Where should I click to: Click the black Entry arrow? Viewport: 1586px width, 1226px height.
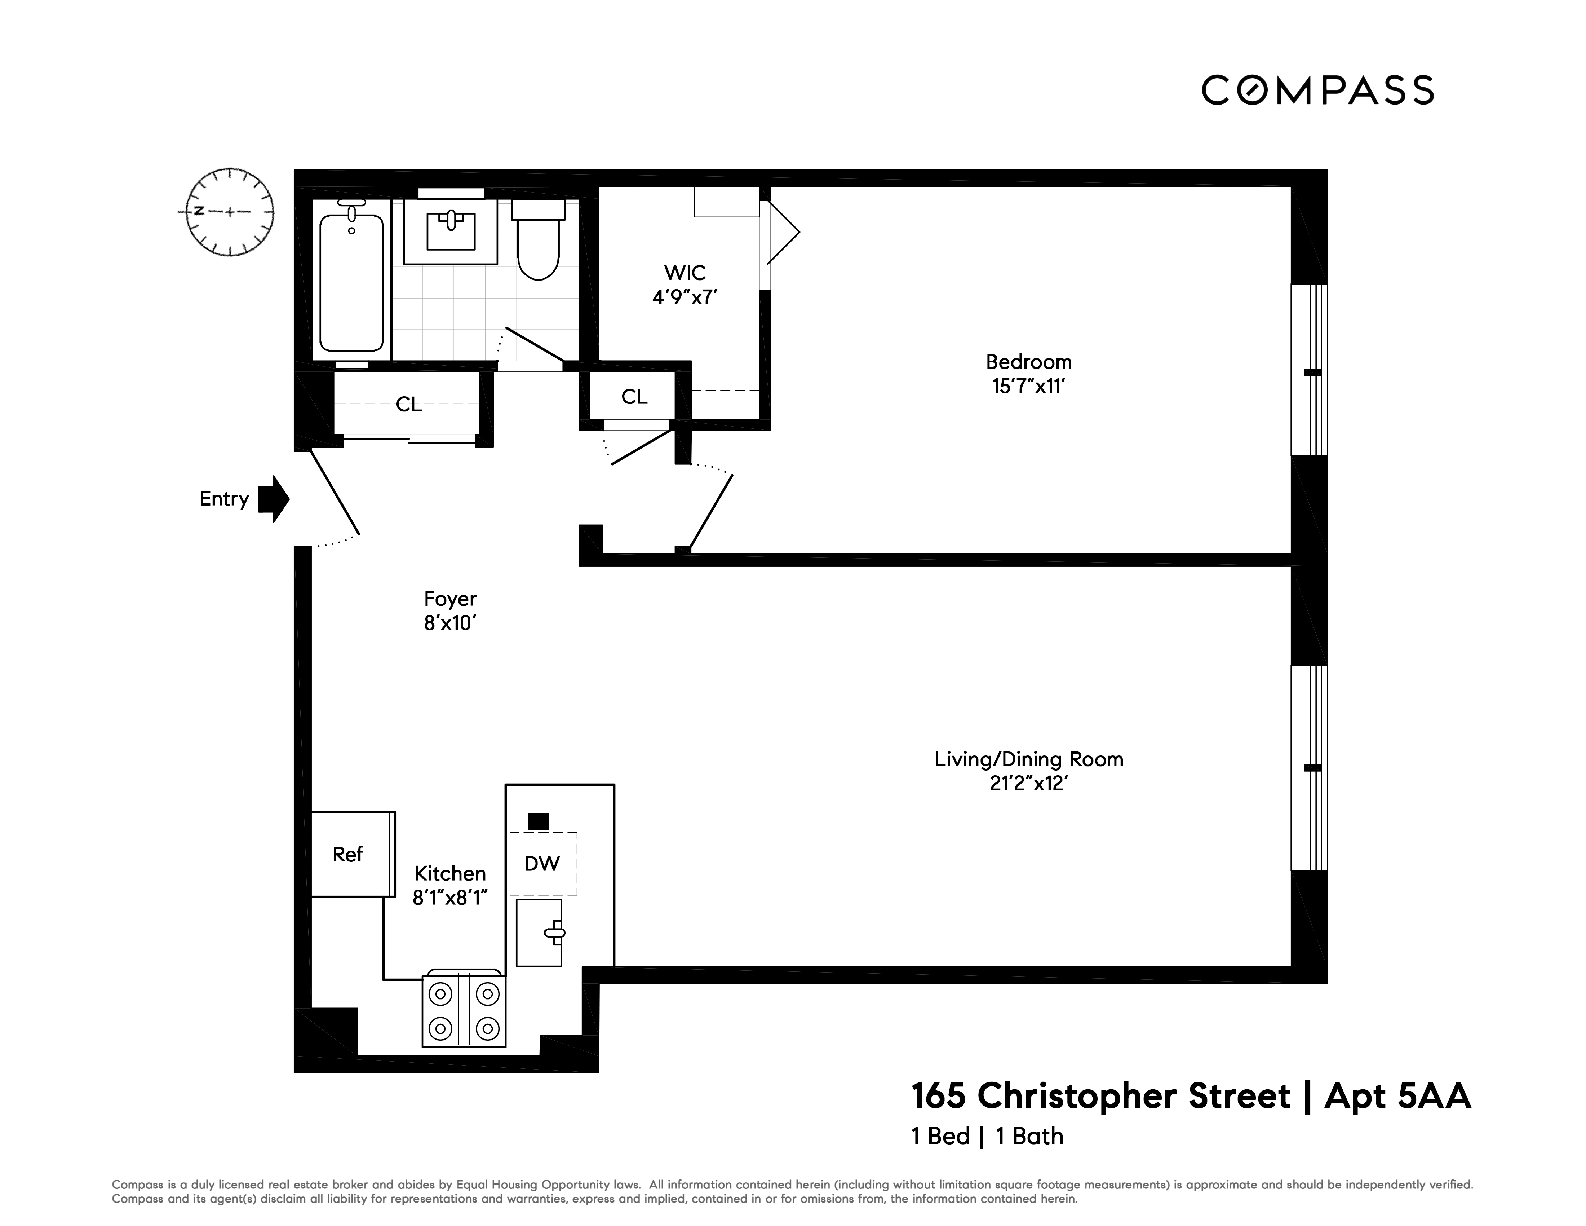[274, 499]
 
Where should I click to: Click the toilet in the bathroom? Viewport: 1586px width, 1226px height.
[538, 243]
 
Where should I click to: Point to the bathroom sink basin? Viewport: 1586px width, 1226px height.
[450, 229]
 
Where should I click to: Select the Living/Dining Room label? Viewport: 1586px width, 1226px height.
[1028, 760]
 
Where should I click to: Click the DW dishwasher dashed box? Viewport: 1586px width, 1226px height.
[542, 864]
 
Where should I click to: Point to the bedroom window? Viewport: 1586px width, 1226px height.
[1308, 370]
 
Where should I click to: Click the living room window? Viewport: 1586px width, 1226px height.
[1308, 768]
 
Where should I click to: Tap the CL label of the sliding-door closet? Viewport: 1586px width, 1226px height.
[408, 405]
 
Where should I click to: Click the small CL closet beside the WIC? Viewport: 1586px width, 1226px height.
[634, 397]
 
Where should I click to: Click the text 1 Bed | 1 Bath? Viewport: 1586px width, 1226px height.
[987, 1137]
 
